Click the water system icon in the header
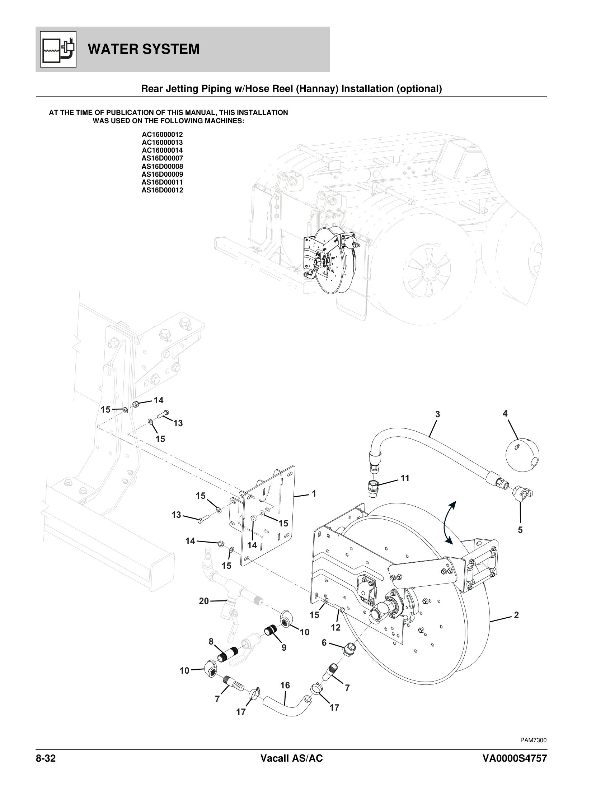point(58,49)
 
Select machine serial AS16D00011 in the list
point(162,182)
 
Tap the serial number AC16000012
point(162,135)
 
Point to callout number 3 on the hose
point(437,414)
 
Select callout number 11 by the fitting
point(405,478)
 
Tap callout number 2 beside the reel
point(516,615)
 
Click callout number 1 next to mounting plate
point(314,494)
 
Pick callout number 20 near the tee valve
point(204,601)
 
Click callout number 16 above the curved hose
point(285,686)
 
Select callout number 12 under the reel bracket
point(336,628)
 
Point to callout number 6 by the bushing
point(324,642)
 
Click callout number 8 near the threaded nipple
point(211,642)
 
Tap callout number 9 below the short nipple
point(284,648)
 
